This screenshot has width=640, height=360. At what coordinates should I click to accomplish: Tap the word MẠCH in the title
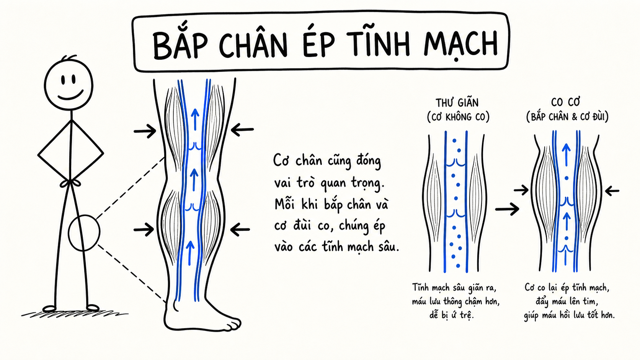click(x=460, y=46)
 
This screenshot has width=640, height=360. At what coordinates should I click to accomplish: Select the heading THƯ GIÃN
click(x=457, y=102)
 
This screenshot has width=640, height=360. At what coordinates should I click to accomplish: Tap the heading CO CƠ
click(x=566, y=102)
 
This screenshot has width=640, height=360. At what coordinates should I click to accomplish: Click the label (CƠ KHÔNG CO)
click(x=458, y=117)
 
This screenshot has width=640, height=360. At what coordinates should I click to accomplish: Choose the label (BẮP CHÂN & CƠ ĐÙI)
click(x=567, y=116)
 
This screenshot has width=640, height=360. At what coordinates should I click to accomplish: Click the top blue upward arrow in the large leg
click(x=195, y=119)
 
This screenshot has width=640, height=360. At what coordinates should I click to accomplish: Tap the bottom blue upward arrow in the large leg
click(x=190, y=253)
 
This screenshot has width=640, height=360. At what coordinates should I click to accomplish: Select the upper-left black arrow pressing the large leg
click(x=145, y=131)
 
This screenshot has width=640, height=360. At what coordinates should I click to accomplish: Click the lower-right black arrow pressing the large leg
click(x=240, y=230)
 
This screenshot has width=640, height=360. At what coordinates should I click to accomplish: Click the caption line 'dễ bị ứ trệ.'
click(x=452, y=315)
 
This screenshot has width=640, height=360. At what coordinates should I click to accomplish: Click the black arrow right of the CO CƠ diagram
click(x=612, y=191)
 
